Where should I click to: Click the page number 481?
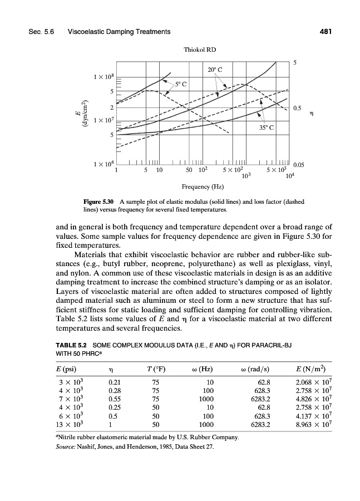tap(326, 32)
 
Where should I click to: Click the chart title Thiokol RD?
tap(199, 50)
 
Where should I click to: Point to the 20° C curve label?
tap(214, 70)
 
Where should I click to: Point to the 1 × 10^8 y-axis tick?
tap(105, 76)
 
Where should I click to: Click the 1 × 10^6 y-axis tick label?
tap(105, 164)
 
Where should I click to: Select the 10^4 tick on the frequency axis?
tap(289, 175)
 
